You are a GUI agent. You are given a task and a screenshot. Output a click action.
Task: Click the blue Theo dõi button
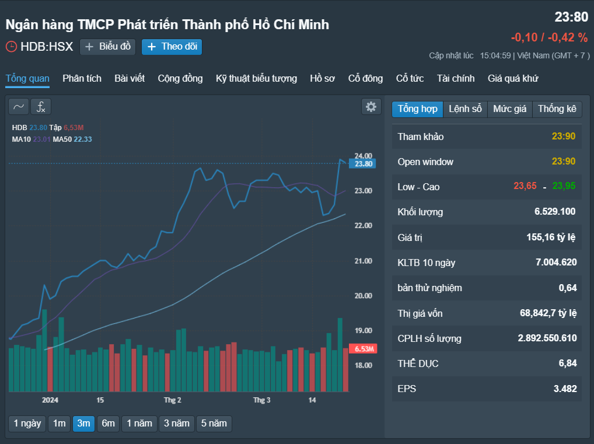(172, 47)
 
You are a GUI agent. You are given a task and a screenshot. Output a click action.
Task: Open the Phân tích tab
(82, 78)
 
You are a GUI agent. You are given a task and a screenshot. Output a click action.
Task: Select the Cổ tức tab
(410, 78)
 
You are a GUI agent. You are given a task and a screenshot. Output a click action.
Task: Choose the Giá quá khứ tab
(512, 78)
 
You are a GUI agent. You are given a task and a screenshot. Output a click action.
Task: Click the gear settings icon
(371, 107)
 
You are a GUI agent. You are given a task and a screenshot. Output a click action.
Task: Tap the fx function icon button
(41, 107)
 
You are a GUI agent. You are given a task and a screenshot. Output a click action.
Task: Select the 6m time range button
(108, 423)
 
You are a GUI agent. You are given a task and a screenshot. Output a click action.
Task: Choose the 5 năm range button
(214, 423)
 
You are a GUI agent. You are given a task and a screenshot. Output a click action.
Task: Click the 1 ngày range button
(27, 423)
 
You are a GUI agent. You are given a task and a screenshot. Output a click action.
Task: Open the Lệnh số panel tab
(465, 109)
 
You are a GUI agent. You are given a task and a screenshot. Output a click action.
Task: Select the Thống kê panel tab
(557, 109)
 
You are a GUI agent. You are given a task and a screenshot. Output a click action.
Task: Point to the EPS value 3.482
(565, 389)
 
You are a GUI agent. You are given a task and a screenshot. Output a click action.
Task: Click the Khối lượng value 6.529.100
(554, 211)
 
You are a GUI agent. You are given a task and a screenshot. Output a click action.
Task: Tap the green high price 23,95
(564, 186)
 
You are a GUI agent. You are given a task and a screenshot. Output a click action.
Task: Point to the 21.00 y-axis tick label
(364, 261)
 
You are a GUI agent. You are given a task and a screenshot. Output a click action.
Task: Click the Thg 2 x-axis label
(172, 400)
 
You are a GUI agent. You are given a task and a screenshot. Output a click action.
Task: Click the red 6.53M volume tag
(363, 348)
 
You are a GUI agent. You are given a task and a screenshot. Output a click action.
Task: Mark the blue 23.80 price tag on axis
(362, 164)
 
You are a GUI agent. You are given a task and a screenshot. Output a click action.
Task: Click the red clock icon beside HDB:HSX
(11, 47)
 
